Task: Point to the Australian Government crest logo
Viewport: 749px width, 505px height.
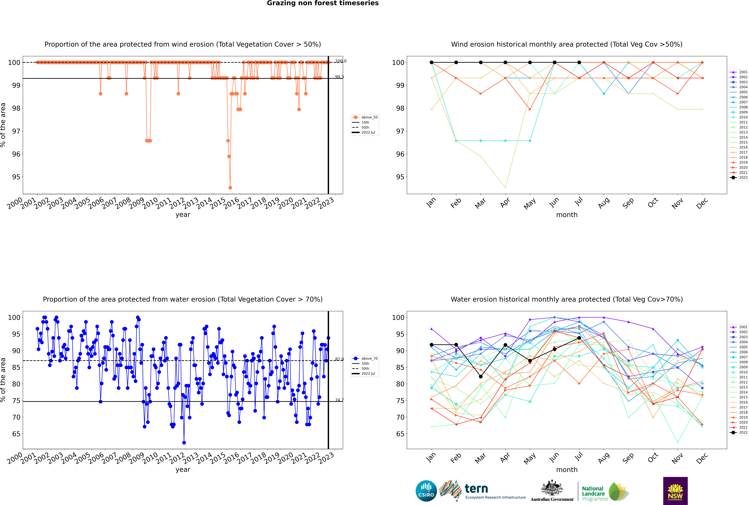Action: click(552, 491)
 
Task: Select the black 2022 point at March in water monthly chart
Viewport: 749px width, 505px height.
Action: click(481, 376)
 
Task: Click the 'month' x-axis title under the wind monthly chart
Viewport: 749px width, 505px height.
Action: click(567, 215)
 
